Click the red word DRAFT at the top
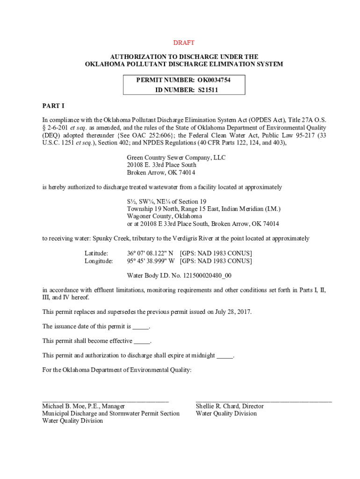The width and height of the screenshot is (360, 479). pyautogui.click(x=184, y=43)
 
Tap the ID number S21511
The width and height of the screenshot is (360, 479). pyautogui.click(x=206, y=90)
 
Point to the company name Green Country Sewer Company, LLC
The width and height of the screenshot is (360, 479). pyautogui.click(x=176, y=158)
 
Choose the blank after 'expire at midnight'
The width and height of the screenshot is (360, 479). pyautogui.click(x=225, y=356)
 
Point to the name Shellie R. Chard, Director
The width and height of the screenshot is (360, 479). pyautogui.click(x=230, y=406)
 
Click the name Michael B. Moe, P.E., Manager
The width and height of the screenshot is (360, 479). pyautogui.click(x=84, y=406)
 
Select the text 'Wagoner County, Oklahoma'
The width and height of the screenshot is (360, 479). pyautogui.click(x=165, y=216)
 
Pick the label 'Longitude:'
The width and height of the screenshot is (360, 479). pyautogui.click(x=99, y=261)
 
